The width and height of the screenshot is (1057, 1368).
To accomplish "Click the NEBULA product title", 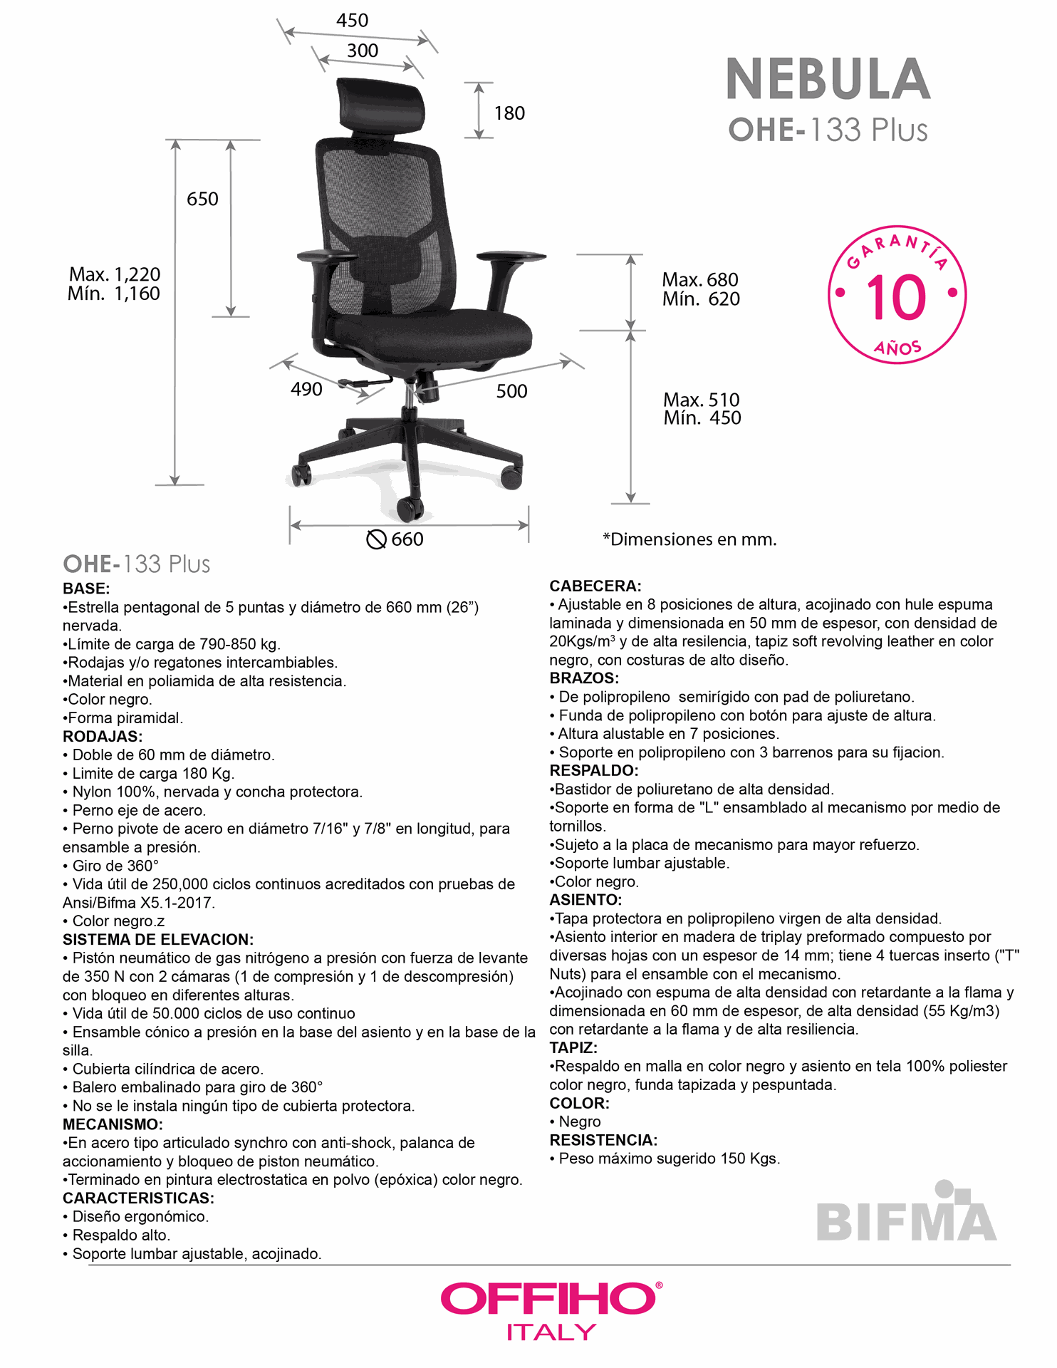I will click(x=828, y=79).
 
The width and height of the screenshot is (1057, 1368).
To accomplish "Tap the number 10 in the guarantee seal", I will click(x=896, y=298).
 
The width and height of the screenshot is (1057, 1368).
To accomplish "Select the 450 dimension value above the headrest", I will click(x=352, y=21).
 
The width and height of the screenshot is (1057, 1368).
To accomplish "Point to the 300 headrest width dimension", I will click(x=363, y=51).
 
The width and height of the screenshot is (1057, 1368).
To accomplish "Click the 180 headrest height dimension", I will click(x=509, y=113).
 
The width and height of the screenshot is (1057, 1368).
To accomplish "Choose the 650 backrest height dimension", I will click(x=202, y=199).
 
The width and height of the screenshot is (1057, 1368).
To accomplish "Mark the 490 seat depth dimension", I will click(x=306, y=390).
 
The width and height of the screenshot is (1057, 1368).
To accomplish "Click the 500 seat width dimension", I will click(x=511, y=391).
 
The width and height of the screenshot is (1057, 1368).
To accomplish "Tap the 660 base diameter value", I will click(x=407, y=539).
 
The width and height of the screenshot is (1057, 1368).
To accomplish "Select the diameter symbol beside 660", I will click(x=376, y=540).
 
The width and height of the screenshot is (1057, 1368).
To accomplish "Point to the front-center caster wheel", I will click(x=410, y=508).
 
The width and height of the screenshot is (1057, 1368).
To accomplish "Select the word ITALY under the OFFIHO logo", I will click(x=551, y=1332).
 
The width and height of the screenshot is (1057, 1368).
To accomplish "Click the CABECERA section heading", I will click(x=595, y=586).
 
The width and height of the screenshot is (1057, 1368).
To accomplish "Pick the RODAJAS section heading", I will click(x=102, y=737).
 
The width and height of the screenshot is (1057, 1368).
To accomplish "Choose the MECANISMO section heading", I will click(x=113, y=1124).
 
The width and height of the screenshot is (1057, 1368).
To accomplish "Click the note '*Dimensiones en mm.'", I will click(x=689, y=539).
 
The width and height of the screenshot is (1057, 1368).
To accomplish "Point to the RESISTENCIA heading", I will click(x=603, y=1140).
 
